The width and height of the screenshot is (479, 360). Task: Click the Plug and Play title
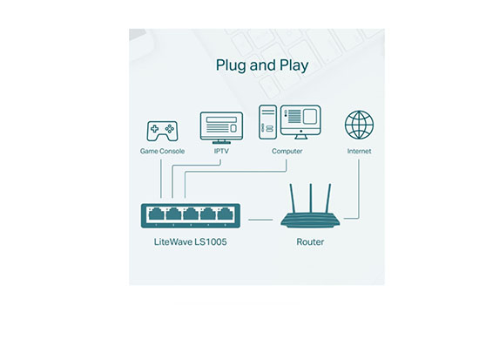tap(262, 65)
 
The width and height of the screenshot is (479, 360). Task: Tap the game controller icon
tap(162, 132)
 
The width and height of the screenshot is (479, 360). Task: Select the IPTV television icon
tap(221, 128)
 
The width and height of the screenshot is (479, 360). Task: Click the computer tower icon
tap(268, 122)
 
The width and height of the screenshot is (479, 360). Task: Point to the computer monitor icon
tap(300, 122)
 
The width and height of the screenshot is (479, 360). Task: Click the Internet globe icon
tap(359, 126)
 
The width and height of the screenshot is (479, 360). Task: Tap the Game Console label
tap(162, 151)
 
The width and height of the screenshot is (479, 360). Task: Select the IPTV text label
tap(221, 151)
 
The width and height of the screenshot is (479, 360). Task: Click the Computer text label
tap(287, 151)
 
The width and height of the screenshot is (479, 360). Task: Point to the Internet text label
tap(359, 151)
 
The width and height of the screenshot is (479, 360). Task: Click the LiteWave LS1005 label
tap(191, 242)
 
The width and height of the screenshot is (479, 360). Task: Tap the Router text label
tap(310, 242)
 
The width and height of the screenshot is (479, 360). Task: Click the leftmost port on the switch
tap(156, 214)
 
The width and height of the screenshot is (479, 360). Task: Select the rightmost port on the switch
tap(226, 214)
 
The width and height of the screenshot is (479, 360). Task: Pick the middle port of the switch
tap(191, 214)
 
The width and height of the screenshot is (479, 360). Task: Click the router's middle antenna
tap(310, 198)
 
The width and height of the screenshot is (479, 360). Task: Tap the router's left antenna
tap(293, 198)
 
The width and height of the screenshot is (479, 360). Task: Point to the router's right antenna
tap(328, 198)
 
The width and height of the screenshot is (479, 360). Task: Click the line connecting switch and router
tap(260, 220)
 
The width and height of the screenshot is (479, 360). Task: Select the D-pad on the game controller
tap(154, 129)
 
